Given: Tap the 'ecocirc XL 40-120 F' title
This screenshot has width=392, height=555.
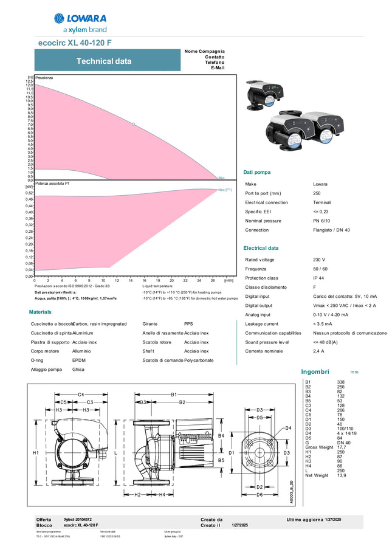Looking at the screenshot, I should click(x=75, y=43).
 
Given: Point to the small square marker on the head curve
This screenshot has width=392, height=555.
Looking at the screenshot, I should click(x=133, y=124).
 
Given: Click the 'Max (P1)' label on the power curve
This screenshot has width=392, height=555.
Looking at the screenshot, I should click(x=225, y=190).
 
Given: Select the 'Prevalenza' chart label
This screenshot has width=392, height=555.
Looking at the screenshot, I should click(x=44, y=78).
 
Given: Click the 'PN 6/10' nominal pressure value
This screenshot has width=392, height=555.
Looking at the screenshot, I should click(x=322, y=221).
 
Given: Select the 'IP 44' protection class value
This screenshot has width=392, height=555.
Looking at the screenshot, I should click(x=319, y=278).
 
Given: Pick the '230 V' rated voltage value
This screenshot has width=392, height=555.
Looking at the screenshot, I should click(x=319, y=260).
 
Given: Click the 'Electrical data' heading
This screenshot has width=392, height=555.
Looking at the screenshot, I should click(x=261, y=248).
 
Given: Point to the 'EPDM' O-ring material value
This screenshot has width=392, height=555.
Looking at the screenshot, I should click(x=79, y=360).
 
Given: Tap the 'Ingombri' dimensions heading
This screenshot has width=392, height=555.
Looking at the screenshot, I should click(x=315, y=371).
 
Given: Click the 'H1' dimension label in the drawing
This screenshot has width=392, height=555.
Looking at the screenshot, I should click(x=35, y=453).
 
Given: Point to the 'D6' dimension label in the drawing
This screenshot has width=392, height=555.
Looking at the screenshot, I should click(x=260, y=495).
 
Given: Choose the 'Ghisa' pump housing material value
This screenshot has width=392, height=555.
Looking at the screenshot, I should click(x=78, y=369).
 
